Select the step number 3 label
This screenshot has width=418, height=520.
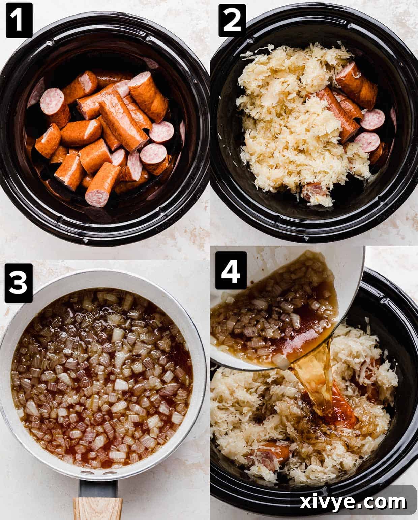point(19,283)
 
